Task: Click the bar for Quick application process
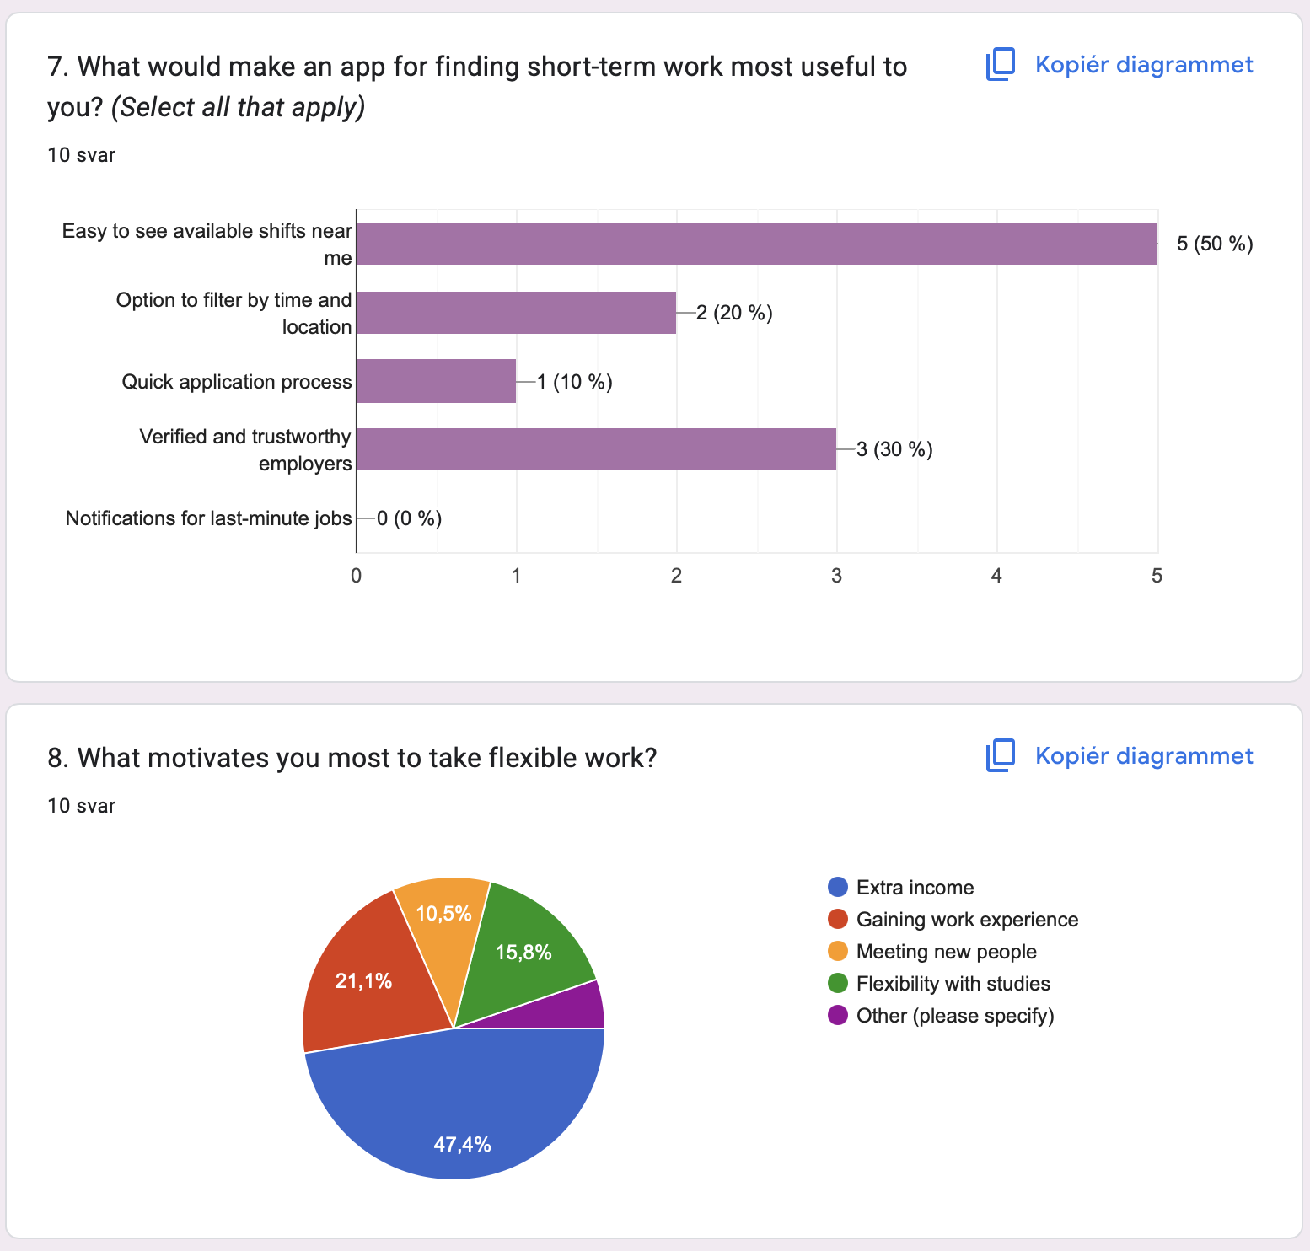(x=436, y=381)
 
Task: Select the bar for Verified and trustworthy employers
(x=596, y=449)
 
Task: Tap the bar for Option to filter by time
(x=516, y=313)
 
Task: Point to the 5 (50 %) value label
(x=1214, y=244)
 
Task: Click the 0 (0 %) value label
(x=409, y=518)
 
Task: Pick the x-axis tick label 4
(x=996, y=576)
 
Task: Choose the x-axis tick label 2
(x=676, y=576)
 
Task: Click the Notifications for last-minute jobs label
(x=208, y=518)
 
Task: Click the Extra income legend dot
(x=838, y=887)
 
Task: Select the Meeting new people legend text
(x=946, y=952)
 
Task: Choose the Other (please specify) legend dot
(x=838, y=1015)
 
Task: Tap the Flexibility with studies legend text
(x=953, y=984)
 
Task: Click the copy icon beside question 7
(x=1001, y=65)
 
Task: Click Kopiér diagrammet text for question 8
(x=1143, y=756)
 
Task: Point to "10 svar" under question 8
(x=82, y=806)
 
